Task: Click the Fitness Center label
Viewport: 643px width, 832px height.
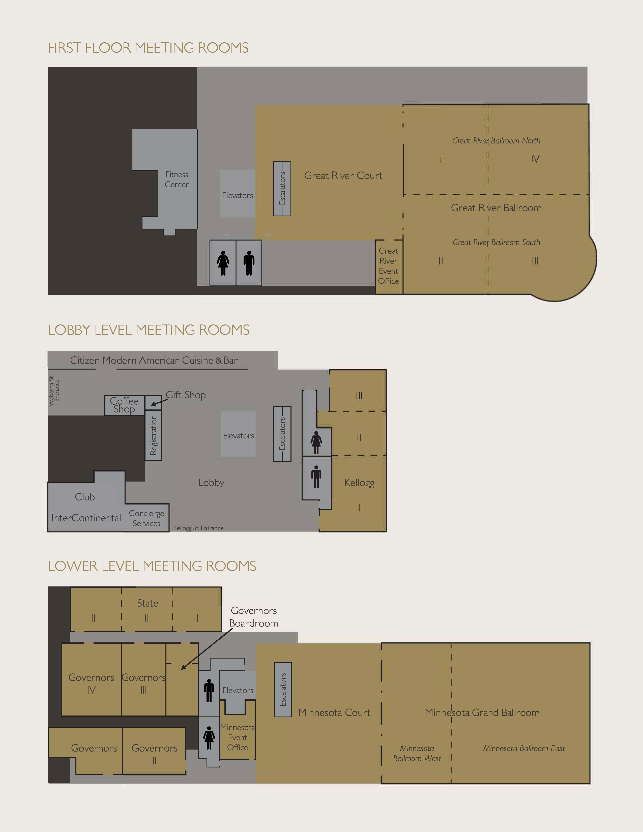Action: (x=177, y=180)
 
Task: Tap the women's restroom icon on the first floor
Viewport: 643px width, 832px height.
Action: (x=223, y=263)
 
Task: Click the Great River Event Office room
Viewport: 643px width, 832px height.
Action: (x=389, y=267)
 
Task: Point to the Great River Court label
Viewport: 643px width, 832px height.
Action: (x=343, y=176)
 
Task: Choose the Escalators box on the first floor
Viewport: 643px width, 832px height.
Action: (x=282, y=189)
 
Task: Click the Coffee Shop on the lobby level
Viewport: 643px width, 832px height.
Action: (x=125, y=405)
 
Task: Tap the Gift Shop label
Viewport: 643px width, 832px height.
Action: (x=186, y=395)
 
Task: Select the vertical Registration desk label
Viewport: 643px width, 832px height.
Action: (x=154, y=435)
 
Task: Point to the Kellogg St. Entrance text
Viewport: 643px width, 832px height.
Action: (x=198, y=528)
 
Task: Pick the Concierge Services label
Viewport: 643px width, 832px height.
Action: (x=146, y=518)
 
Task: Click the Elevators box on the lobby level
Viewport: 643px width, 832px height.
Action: (x=239, y=435)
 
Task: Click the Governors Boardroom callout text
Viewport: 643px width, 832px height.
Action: (x=254, y=617)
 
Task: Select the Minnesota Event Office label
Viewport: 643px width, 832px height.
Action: (x=238, y=737)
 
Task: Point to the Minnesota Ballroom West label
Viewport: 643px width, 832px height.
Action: (x=417, y=753)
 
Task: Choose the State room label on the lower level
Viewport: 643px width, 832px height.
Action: (x=148, y=603)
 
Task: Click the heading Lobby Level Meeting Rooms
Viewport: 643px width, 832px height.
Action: (x=149, y=330)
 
